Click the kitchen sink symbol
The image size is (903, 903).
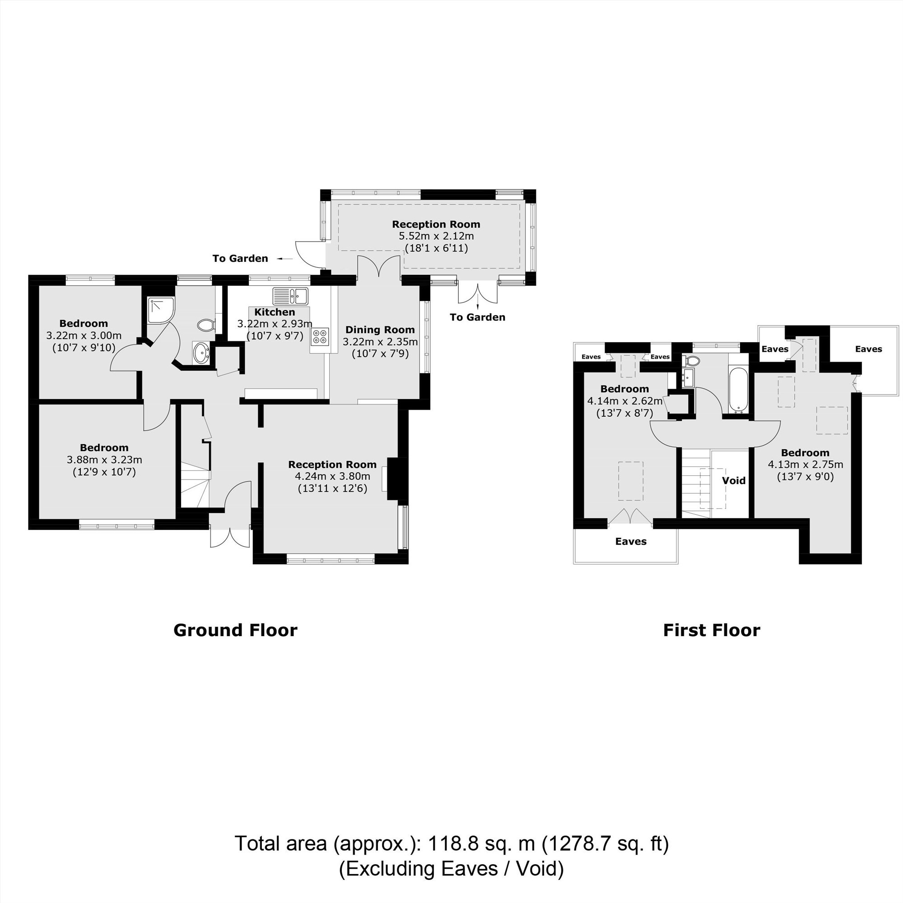coord(290,295)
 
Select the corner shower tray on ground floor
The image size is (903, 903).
coord(160,310)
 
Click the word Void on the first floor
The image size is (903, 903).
coord(733,480)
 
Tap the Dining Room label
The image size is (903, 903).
coord(380,330)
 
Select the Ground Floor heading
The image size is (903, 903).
coord(235,630)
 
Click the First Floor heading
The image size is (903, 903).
coord(712,630)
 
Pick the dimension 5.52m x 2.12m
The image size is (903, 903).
coord(436,236)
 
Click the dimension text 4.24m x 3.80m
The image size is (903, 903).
coord(332,476)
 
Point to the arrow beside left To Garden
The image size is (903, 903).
coord(284,258)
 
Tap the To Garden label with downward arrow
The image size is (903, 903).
coord(477,317)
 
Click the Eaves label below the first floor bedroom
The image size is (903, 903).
coord(630,541)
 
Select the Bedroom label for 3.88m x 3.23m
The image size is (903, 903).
coord(104,447)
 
